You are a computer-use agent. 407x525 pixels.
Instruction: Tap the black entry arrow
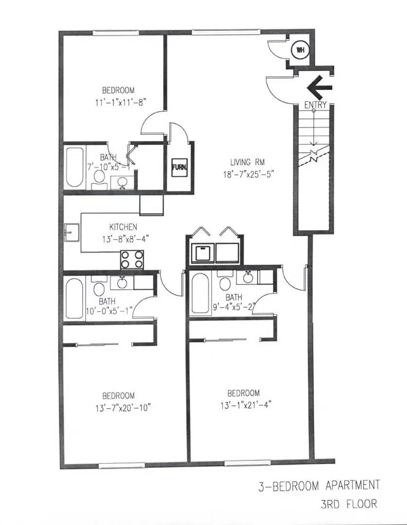[319, 87]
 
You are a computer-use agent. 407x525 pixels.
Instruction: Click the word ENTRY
[315, 105]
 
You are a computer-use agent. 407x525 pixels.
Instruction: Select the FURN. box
[177, 168]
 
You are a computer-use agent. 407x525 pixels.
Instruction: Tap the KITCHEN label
[123, 227]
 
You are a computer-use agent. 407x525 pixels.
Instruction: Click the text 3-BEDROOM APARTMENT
[319, 485]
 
